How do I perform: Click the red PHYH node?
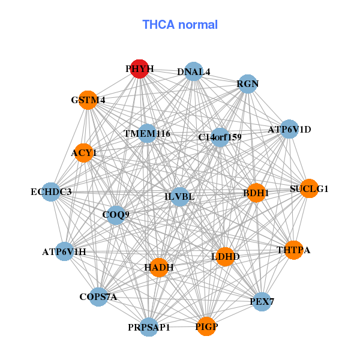139,69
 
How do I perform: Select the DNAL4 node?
193,72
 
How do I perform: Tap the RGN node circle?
247,84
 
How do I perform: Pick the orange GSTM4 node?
88,100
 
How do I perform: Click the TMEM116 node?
147,133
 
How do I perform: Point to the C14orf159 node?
220,137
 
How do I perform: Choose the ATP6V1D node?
289,129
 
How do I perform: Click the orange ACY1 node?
84,153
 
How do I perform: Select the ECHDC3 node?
51,192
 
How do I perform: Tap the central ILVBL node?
179,197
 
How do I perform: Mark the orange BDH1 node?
256,193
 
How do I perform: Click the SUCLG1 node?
309,189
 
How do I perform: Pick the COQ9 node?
116,214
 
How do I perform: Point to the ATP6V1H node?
64,251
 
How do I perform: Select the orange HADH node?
159,267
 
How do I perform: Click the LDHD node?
226,257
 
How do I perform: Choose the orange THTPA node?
293,250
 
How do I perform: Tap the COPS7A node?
98,296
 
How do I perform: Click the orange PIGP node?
206,326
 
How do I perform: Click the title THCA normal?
180,25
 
